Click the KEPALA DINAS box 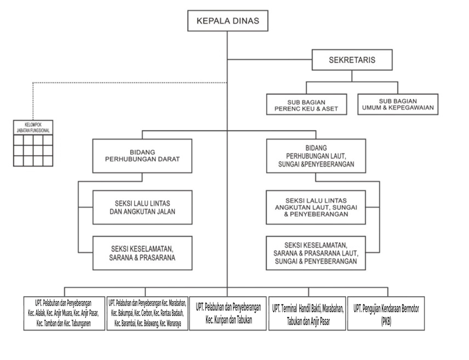click(228, 21)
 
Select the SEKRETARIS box click(352, 60)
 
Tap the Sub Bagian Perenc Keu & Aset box click(306, 104)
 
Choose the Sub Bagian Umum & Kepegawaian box click(398, 104)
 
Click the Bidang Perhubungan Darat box click(142, 156)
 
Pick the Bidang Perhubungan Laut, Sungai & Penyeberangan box click(316, 156)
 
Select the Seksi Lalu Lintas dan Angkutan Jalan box click(143, 207)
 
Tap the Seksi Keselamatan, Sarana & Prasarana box click(143, 253)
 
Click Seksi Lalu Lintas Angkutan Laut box click(316, 207)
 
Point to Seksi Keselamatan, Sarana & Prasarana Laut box click(316, 253)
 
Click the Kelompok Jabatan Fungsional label click(33, 127)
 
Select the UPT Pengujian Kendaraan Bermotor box click(386, 313)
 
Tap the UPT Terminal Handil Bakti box click(307, 313)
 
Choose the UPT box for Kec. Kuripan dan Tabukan click(228, 313)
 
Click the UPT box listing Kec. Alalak click(64, 313)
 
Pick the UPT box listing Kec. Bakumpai click(147, 313)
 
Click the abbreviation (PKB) click(386, 322)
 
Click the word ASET click(330, 109)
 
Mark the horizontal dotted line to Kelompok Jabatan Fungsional click(130, 82)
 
